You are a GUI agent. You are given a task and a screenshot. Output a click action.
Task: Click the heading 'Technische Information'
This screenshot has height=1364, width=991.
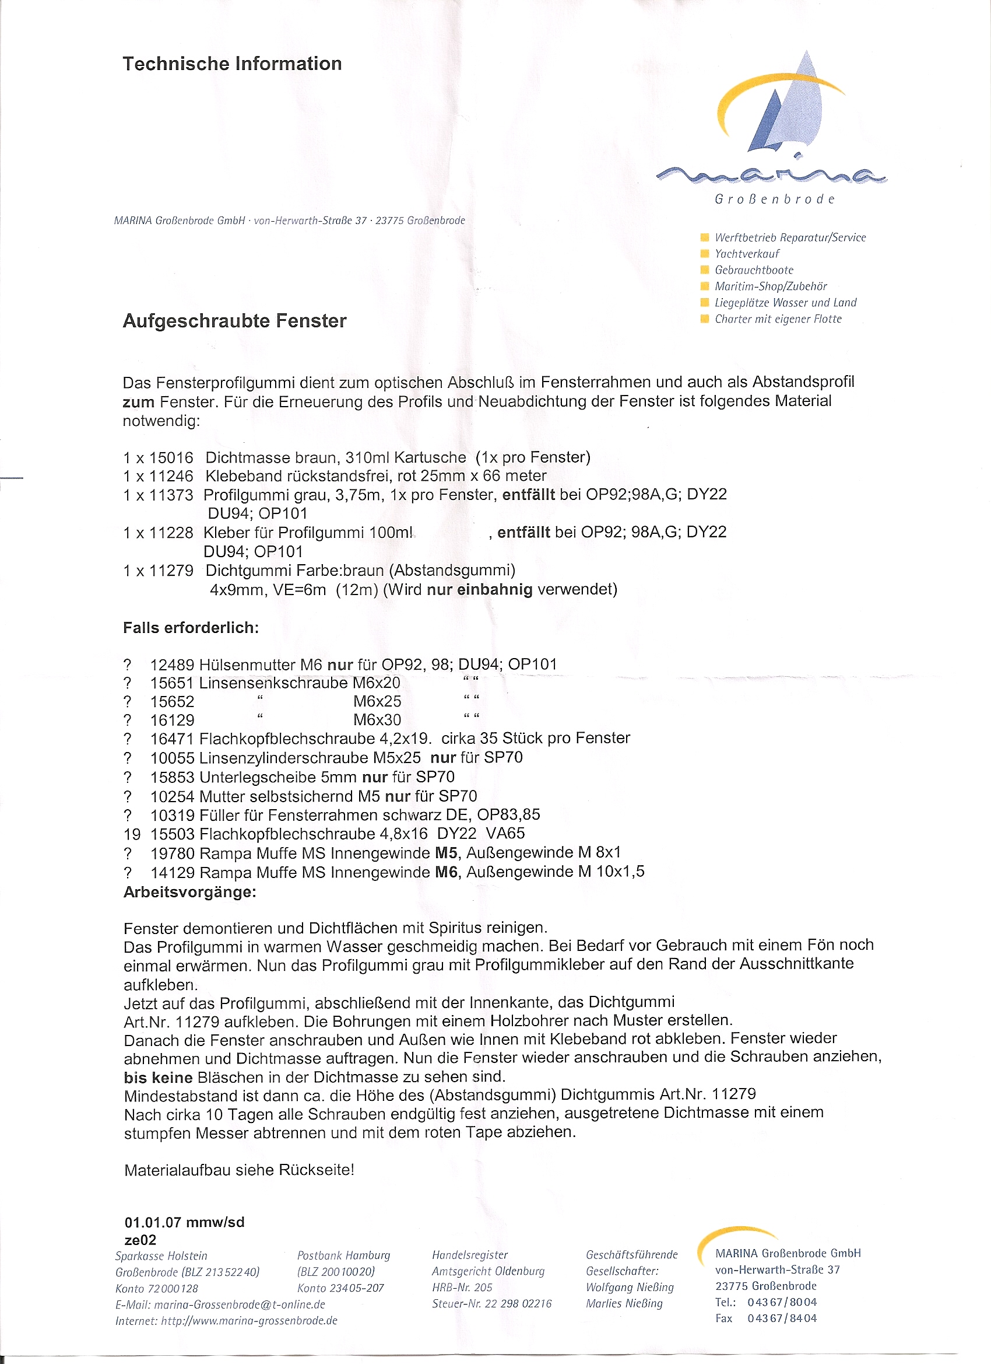tap(232, 64)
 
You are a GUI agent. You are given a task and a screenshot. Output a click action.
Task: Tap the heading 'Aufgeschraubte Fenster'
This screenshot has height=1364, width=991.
tap(234, 321)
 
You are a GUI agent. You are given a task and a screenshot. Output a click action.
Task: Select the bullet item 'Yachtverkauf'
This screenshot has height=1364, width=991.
tap(746, 254)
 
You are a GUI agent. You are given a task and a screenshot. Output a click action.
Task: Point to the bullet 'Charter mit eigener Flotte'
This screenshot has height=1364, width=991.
tap(778, 319)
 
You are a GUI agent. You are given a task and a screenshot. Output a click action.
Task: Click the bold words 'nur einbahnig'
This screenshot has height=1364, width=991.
tap(479, 589)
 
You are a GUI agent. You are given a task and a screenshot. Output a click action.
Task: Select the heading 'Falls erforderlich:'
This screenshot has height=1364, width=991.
tap(191, 628)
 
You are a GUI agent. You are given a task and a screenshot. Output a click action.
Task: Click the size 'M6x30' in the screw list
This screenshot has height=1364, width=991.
tap(377, 720)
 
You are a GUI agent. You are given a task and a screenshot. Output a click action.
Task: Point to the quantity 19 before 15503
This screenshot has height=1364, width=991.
tap(132, 834)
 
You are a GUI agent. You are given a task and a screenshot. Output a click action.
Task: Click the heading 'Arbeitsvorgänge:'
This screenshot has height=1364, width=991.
tap(190, 892)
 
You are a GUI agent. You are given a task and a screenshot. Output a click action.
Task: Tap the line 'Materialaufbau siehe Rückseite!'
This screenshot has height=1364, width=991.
tap(239, 1170)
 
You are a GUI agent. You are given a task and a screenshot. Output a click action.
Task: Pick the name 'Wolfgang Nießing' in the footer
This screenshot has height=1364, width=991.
tap(629, 1287)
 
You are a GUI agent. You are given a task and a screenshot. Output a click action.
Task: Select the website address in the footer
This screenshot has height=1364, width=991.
tap(249, 1321)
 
